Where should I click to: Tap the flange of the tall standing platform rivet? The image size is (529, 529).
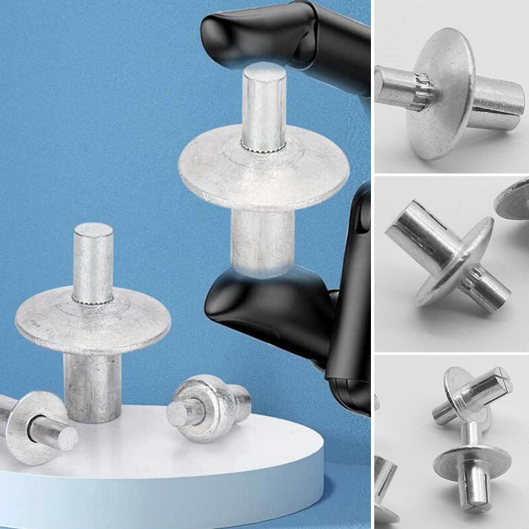click(46, 321)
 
